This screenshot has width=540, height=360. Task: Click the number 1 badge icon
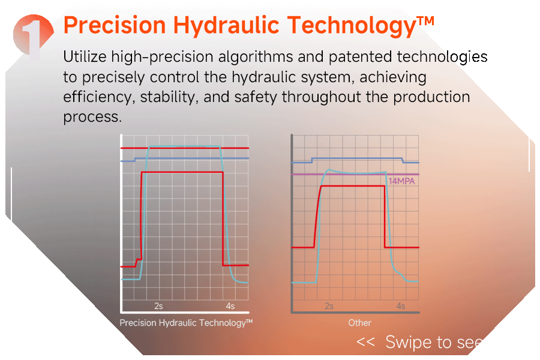pos(34,36)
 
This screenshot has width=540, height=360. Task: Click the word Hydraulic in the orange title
pos(226,26)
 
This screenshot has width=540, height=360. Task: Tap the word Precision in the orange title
pos(115,25)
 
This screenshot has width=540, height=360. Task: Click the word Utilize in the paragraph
pos(85,56)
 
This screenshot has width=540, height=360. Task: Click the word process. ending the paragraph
pos(92,117)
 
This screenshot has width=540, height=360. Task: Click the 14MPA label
pos(401,181)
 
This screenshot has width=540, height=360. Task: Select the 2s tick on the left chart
pos(158,306)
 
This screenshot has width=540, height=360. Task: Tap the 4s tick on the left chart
pos(230,306)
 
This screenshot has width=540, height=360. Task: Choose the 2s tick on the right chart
pos(329,306)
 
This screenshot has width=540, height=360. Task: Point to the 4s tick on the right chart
pos(401,306)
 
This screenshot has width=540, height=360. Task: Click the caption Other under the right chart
pos(359,323)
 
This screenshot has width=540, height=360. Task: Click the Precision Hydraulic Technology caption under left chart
pos(186,323)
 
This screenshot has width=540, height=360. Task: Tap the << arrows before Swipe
pos(365,342)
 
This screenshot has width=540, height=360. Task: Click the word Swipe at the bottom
pos(408,343)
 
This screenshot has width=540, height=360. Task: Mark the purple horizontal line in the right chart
pos(355,175)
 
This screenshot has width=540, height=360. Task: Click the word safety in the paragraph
pos(256,97)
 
